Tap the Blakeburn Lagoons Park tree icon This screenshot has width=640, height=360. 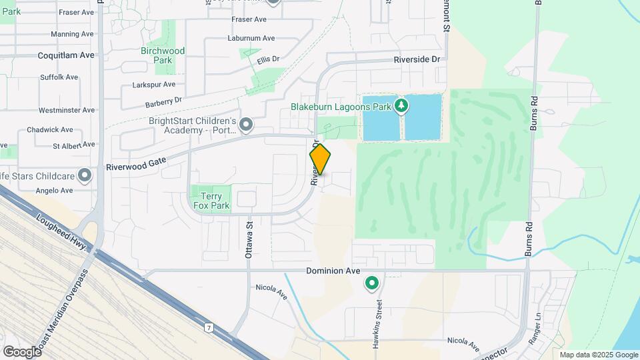point(401,105)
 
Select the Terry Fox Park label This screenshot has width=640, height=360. point(211,201)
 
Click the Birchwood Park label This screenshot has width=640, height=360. point(163,55)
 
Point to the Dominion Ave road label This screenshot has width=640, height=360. point(333,271)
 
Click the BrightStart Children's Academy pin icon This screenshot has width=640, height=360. point(246,124)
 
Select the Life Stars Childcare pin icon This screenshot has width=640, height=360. point(85,176)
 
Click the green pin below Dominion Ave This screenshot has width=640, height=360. point(371,283)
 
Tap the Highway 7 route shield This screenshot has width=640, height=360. point(209,328)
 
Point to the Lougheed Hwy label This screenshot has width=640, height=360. point(62,231)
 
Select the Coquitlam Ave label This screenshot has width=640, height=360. point(67,55)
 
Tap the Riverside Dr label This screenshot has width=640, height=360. point(417,59)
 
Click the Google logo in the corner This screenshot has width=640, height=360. point(22,351)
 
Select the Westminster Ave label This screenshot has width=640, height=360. point(67,110)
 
